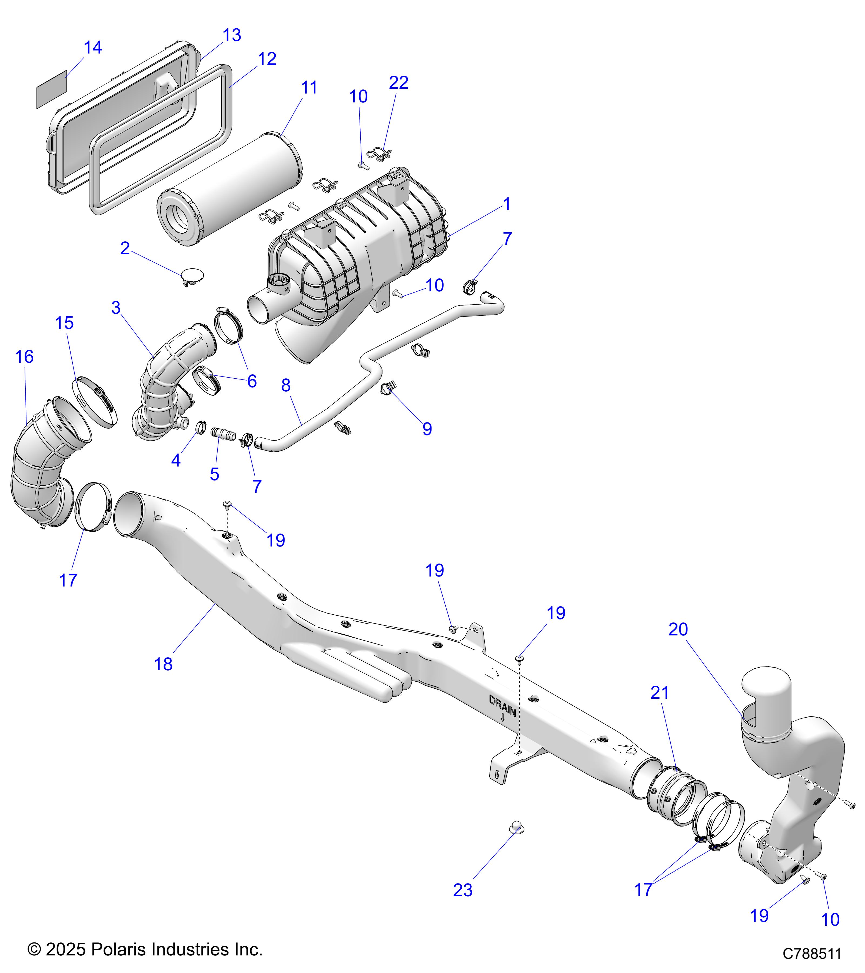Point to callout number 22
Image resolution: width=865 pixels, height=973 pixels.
(x=398, y=83)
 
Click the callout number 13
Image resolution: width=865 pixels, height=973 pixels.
(x=232, y=35)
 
